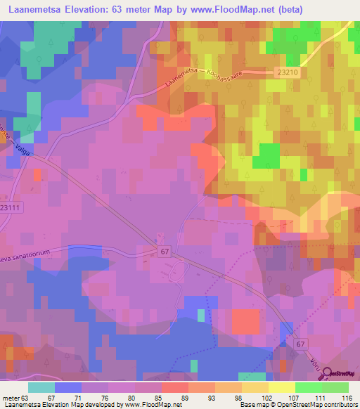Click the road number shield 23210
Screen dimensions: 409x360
(x=288, y=72)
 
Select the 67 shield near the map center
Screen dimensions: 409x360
(x=165, y=249)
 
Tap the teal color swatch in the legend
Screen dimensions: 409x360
(x=41, y=387)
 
